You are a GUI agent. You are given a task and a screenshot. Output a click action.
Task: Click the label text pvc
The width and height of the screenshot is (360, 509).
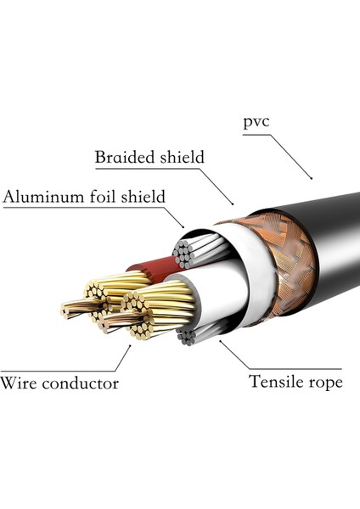pyautogui.click(x=257, y=122)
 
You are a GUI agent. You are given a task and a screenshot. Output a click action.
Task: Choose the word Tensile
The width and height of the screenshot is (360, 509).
pyautogui.click(x=277, y=382)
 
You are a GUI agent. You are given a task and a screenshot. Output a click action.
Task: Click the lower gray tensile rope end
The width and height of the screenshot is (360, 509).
pyautogui.click(x=188, y=336)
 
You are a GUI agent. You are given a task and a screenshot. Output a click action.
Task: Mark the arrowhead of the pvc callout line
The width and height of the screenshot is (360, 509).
pyautogui.click(x=312, y=178)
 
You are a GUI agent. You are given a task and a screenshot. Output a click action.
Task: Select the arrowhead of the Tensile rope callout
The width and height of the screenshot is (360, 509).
pyautogui.click(x=221, y=341)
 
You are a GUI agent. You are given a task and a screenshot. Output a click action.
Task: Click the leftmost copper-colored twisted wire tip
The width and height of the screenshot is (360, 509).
pyautogui.click(x=65, y=310)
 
